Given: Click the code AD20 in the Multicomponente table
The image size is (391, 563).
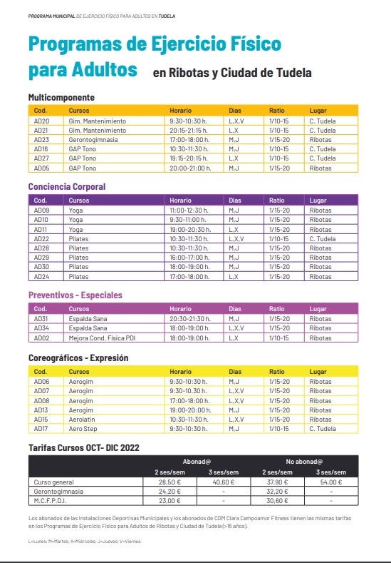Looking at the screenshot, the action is click(41, 121).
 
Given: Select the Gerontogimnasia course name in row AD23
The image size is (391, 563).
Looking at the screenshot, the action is click(93, 140).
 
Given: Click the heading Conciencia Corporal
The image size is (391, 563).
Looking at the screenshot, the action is click(66, 186).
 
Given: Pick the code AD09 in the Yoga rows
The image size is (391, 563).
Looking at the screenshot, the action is click(41, 211).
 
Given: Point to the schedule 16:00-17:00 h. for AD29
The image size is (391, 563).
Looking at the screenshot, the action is click(189, 258).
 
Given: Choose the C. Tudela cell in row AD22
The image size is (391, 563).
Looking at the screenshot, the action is click(322, 239).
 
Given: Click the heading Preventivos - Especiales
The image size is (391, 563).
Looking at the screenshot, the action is click(75, 295).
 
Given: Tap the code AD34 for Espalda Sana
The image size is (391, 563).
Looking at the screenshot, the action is click(41, 328).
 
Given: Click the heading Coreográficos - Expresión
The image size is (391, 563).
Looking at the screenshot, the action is click(78, 357).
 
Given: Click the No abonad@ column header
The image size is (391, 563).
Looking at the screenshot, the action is click(301, 462).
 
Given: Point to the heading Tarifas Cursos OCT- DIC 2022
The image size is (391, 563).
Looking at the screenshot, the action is click(83, 447).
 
